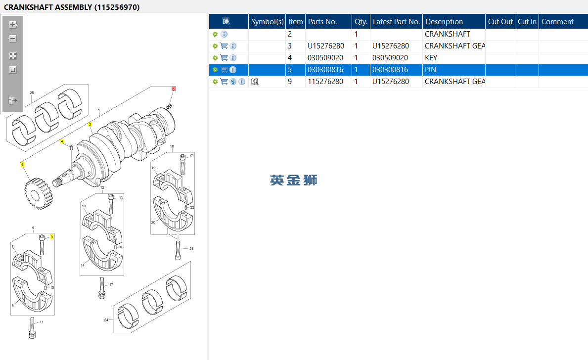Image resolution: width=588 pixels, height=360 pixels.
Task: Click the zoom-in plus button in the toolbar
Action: click(x=13, y=25)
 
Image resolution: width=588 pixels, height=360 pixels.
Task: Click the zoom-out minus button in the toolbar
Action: click(x=13, y=39)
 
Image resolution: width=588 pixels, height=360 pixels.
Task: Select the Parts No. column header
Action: click(x=322, y=22)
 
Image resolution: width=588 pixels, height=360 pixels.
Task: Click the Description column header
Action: click(x=444, y=22)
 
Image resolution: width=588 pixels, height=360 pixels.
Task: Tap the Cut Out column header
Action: click(x=500, y=22)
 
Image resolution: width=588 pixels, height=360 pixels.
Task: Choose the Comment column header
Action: click(x=558, y=22)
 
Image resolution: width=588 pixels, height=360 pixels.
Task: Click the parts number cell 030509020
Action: click(x=325, y=58)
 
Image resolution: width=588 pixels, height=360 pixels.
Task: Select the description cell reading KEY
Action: click(x=431, y=58)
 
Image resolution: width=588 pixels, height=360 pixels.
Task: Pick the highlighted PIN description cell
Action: click(x=431, y=70)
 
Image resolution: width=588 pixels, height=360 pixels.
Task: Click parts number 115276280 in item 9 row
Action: click(x=325, y=82)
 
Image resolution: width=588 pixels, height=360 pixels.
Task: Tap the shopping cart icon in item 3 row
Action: click(x=224, y=46)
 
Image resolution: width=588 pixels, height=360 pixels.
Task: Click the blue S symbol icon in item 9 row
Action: click(x=233, y=82)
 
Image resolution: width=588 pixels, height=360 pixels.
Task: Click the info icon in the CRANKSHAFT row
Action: click(x=224, y=34)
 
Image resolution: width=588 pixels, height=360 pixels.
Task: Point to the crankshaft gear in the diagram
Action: click(x=38, y=193)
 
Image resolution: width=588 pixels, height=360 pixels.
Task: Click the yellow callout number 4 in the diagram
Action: click(x=62, y=141)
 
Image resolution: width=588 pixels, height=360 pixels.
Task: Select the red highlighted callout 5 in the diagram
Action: click(x=173, y=89)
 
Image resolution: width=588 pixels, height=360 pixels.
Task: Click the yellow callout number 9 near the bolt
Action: click(x=52, y=237)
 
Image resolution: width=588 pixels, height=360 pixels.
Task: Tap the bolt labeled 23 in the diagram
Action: click(x=178, y=250)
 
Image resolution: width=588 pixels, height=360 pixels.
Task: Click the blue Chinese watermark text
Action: click(x=294, y=180)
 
